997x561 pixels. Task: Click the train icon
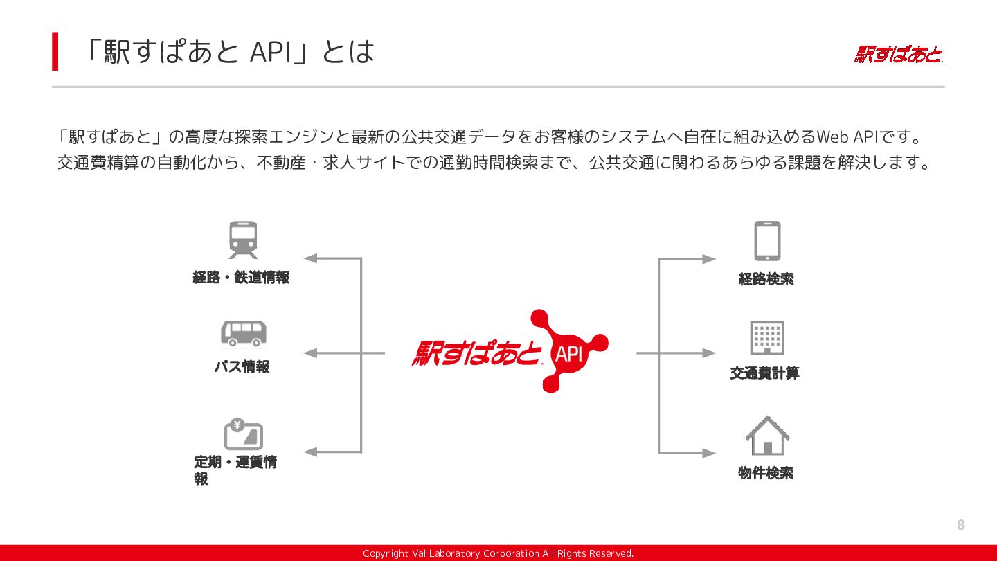coord(243,240)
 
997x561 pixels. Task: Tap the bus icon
coord(244,333)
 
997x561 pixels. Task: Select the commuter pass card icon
coord(243,434)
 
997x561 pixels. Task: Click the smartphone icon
coord(767,241)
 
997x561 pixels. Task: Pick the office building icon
coord(767,337)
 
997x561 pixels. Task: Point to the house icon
coord(767,436)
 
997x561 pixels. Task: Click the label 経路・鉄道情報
coord(241,277)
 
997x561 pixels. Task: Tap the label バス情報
coord(242,367)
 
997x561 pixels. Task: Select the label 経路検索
coord(766,279)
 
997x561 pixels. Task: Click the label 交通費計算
coord(764,373)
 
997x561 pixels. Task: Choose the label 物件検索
coord(766,473)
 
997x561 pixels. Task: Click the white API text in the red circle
coord(569,355)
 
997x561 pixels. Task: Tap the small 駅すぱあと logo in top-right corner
coord(898,55)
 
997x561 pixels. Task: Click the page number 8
coord(961,525)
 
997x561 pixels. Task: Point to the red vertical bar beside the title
coord(55,51)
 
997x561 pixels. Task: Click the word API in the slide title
coord(271,52)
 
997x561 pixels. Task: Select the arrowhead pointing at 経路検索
coord(708,259)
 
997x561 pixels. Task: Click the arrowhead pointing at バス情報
coord(311,353)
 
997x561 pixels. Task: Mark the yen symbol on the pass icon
coord(237,425)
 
